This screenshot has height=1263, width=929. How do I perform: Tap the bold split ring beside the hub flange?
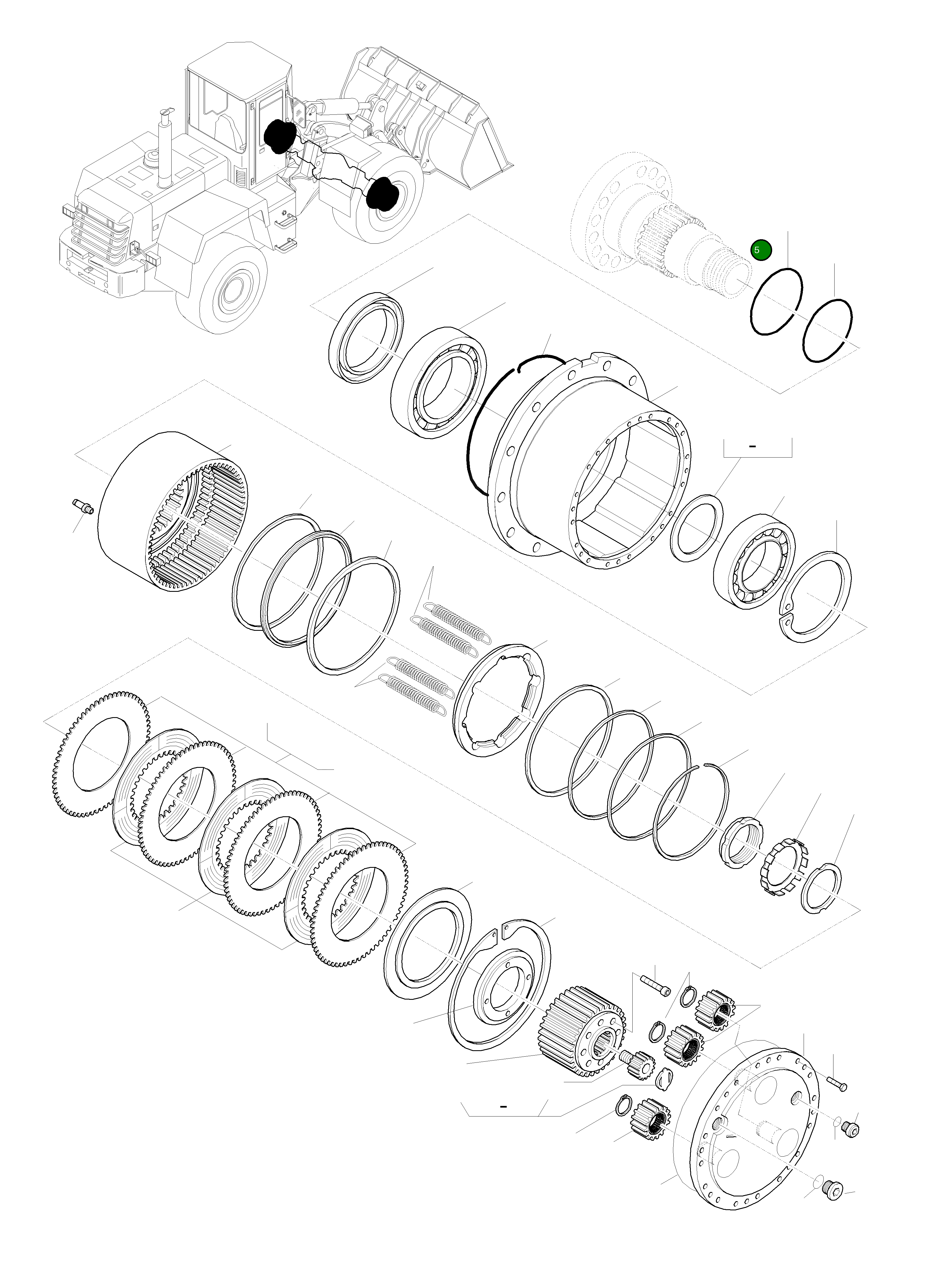(x=478, y=427)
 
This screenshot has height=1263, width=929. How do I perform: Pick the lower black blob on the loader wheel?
(x=382, y=194)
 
